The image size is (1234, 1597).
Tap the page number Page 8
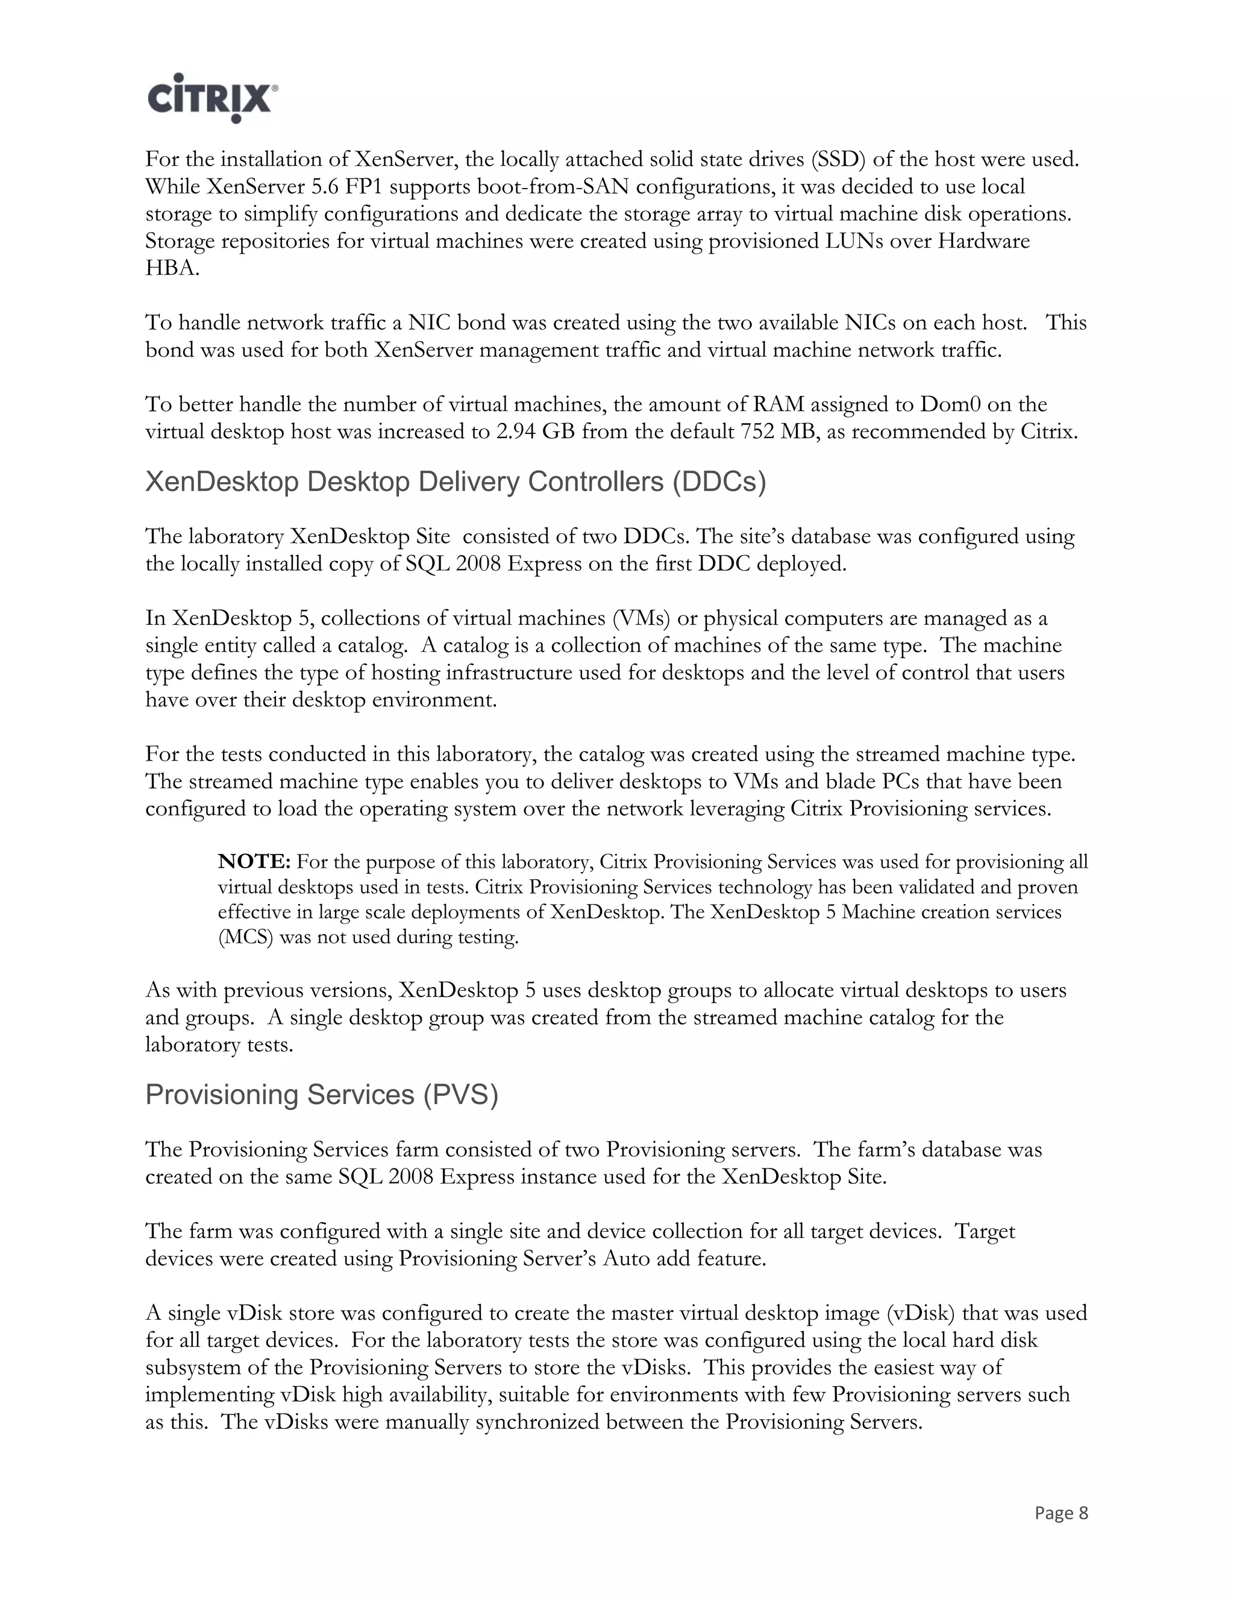[x=1060, y=1513]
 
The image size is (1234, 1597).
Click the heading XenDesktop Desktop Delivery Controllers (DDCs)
[x=456, y=482]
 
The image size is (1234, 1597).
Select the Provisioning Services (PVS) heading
[x=322, y=1094]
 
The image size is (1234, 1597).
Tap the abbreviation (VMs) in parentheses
[x=642, y=619]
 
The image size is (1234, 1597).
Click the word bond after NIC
[x=482, y=322]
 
